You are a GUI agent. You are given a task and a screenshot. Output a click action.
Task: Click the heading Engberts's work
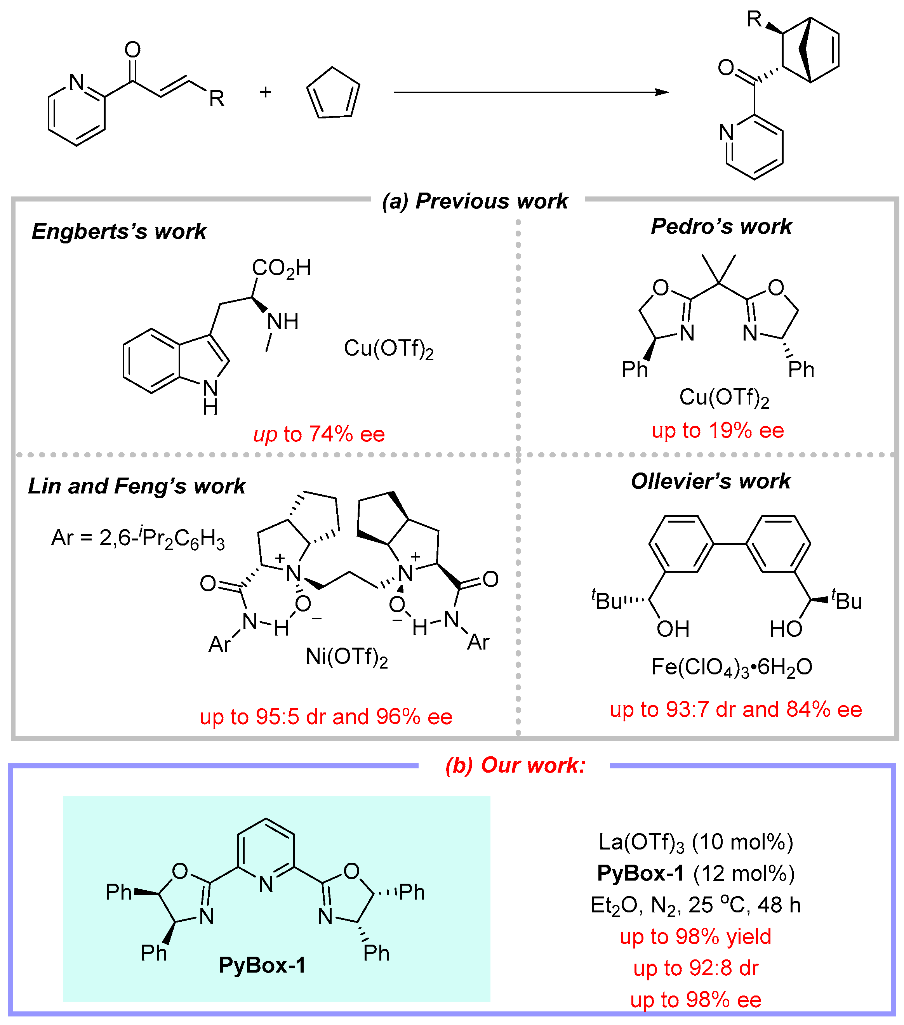(119, 231)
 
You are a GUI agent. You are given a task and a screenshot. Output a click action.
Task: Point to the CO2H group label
(281, 268)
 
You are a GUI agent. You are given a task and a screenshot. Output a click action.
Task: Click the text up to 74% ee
(319, 434)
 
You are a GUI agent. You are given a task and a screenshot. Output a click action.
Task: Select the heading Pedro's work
(721, 226)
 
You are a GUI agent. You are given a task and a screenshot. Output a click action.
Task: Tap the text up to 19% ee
(717, 430)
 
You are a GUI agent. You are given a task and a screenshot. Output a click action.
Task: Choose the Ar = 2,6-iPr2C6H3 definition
(138, 538)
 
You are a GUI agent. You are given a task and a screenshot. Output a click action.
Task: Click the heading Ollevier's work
(710, 481)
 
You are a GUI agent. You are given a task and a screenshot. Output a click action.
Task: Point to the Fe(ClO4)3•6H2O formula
(732, 667)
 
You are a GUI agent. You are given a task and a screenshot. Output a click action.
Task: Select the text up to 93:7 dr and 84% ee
(735, 709)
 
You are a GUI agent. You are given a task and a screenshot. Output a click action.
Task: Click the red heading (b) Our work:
(515, 765)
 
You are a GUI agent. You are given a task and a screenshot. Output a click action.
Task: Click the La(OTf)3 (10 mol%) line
(696, 842)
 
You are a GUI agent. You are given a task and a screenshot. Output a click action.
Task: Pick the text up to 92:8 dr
(695, 968)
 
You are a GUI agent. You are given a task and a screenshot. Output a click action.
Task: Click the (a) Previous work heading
(475, 201)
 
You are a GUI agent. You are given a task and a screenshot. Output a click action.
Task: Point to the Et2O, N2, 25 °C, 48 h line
(695, 905)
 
